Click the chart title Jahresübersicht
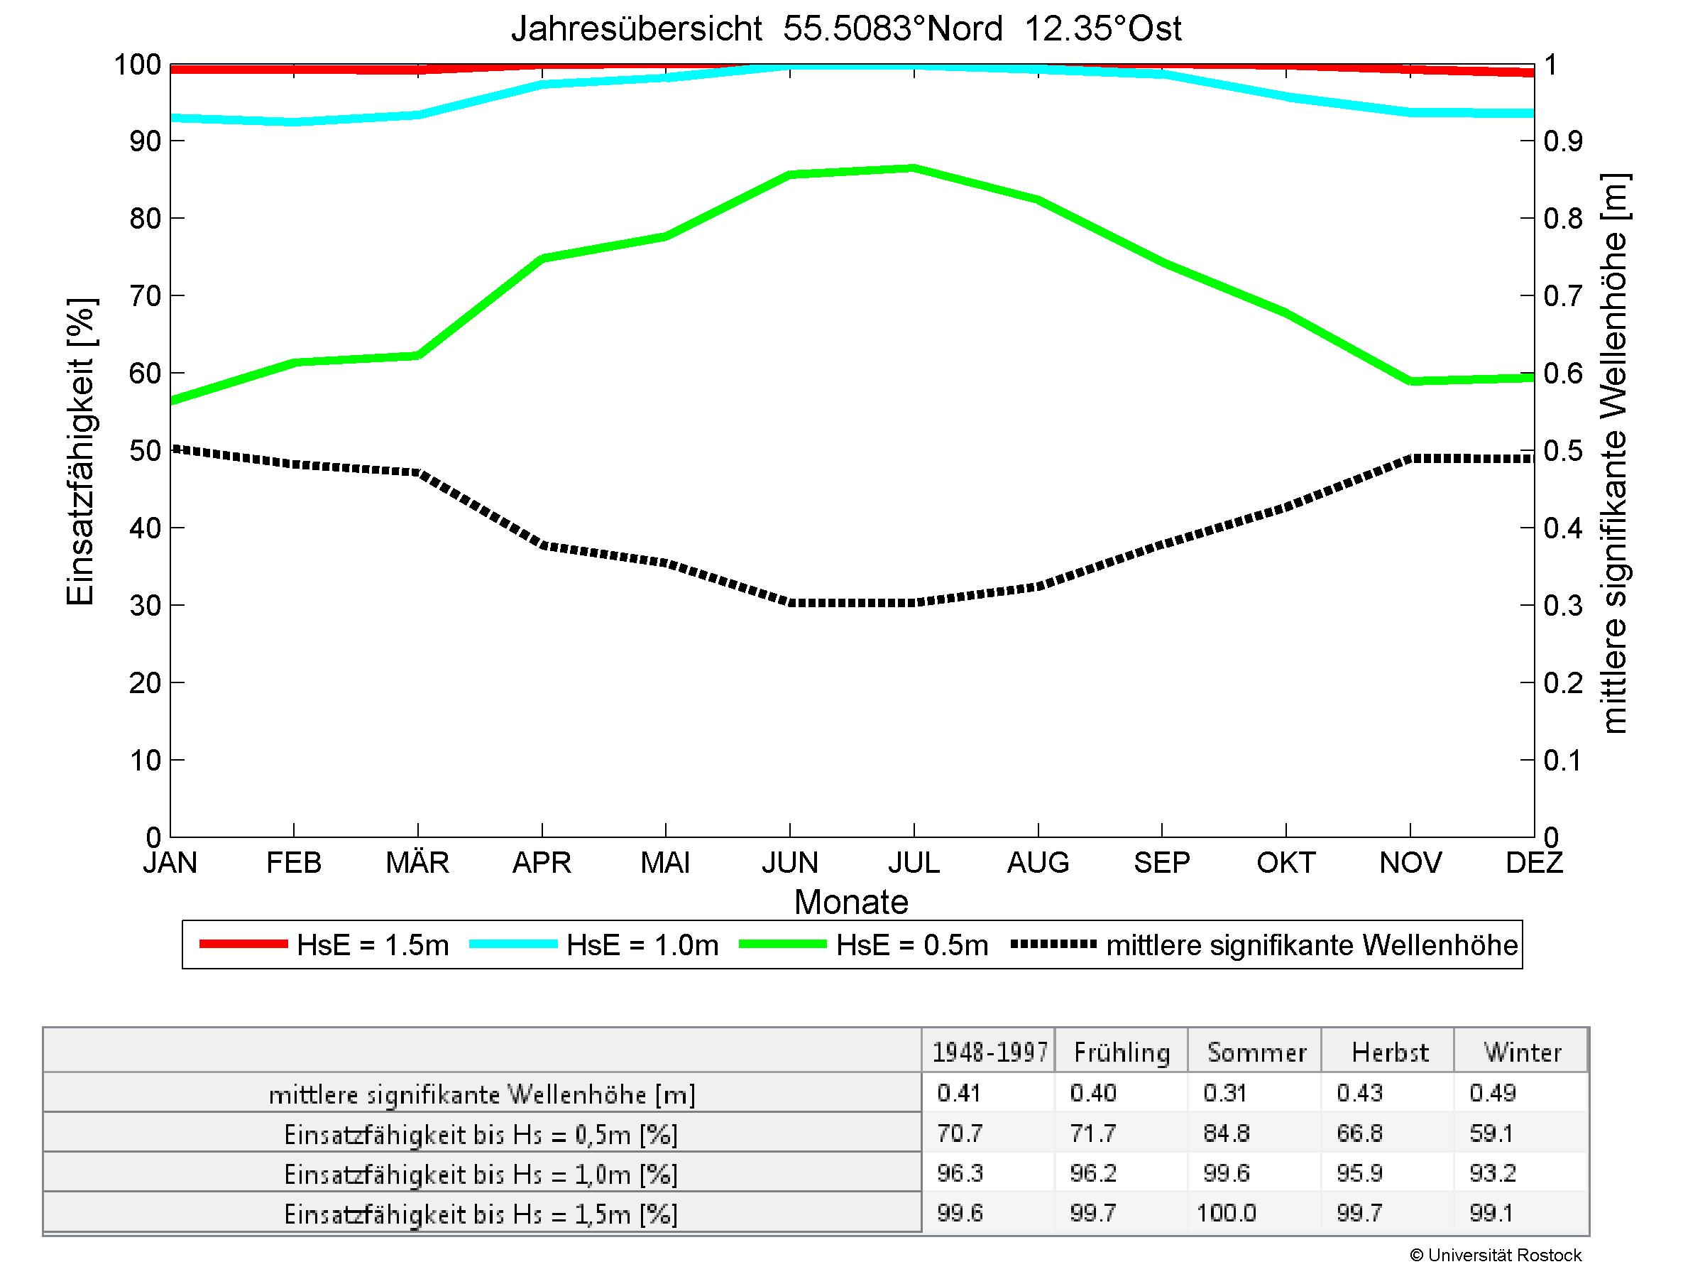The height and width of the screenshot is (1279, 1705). [x=845, y=29]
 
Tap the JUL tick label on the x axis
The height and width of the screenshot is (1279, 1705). [x=914, y=862]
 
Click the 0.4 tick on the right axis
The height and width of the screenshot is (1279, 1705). [x=1562, y=528]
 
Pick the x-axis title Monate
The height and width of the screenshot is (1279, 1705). [x=851, y=902]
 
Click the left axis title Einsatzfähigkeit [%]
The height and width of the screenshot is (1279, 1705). [x=80, y=451]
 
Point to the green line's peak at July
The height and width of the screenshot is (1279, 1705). [x=914, y=168]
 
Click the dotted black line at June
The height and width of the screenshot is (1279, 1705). [x=790, y=602]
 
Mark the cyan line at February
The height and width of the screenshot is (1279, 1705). [x=294, y=122]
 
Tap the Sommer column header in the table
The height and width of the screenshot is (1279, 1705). [x=1256, y=1052]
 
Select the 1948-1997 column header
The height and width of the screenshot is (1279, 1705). [x=989, y=1052]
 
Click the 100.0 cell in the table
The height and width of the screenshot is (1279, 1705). [x=1227, y=1214]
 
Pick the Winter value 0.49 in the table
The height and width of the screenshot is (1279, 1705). [x=1492, y=1093]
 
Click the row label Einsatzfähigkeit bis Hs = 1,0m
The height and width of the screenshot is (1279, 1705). [x=481, y=1174]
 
